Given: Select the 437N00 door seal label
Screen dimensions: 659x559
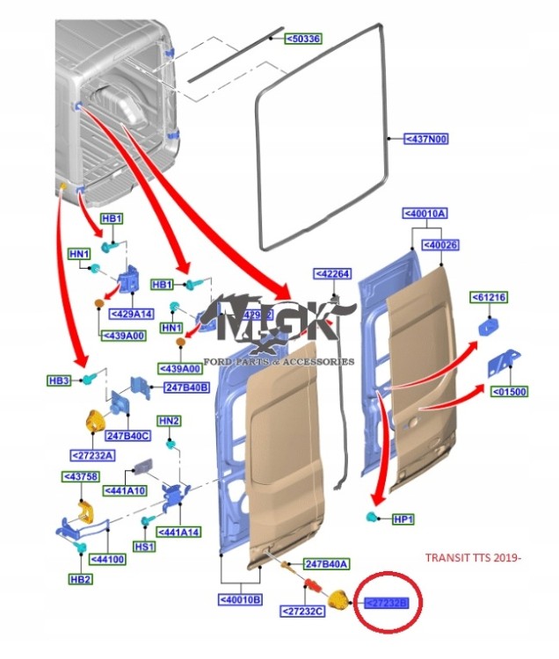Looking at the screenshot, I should [x=425, y=139].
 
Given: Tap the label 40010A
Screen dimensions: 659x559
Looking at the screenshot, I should [x=425, y=214].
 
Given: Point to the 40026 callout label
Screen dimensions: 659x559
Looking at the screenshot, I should [x=440, y=244].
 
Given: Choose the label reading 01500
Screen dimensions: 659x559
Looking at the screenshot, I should [x=508, y=392].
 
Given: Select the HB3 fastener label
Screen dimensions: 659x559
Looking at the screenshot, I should [x=59, y=380].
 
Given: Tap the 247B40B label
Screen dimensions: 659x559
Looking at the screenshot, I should [x=186, y=387].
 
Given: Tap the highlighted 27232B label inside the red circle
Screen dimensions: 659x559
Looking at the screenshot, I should [x=386, y=602].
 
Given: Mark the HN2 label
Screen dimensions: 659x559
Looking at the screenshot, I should [x=169, y=422].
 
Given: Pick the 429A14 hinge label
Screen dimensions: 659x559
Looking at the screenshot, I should [x=131, y=313].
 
